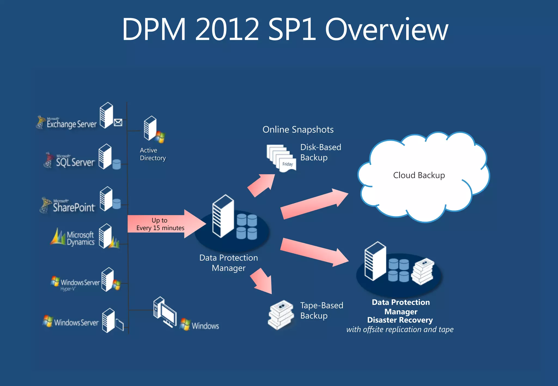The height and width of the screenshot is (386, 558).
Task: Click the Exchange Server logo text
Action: tap(71, 124)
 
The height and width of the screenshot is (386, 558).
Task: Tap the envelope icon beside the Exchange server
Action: tap(118, 123)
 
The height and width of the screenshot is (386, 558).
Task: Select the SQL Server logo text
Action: tap(75, 162)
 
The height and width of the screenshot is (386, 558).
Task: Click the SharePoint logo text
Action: tap(74, 207)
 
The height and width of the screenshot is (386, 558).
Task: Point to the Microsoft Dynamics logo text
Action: tap(80, 238)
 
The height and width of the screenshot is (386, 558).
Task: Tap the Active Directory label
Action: tap(153, 154)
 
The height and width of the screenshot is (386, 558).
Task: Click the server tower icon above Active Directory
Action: tap(150, 128)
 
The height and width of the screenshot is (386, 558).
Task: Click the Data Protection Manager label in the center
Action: tap(229, 263)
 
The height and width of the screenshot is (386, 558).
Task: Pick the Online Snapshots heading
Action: tap(298, 130)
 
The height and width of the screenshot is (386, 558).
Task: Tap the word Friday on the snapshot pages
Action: tap(287, 164)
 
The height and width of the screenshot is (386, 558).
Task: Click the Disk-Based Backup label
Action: tap(320, 152)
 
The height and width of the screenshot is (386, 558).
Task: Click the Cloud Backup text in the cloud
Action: tap(419, 175)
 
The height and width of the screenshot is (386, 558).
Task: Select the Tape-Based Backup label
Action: tap(322, 310)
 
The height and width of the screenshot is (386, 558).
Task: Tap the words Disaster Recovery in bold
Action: tap(400, 320)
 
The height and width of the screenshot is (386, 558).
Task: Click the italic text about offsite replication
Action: tap(400, 330)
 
